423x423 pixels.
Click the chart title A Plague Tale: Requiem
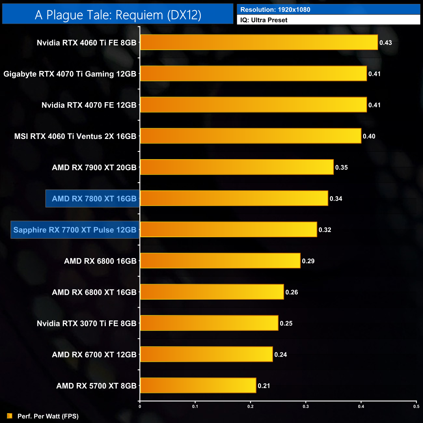tap(118, 15)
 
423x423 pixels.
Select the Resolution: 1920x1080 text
tap(275, 10)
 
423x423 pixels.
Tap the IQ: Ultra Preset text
tap(264, 20)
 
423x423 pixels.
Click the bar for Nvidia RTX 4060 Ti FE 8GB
tap(259, 42)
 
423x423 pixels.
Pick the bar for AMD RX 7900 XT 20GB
tap(237, 167)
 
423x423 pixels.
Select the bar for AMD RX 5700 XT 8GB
tap(198, 386)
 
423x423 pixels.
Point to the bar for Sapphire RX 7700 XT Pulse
tap(228, 230)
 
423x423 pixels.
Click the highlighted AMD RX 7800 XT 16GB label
tap(94, 198)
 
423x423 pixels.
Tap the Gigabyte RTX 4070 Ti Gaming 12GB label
tap(70, 74)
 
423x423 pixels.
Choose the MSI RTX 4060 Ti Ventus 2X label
tap(75, 136)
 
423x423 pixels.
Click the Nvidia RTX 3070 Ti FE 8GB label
tap(86, 323)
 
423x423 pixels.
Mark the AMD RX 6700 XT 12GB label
tap(94, 355)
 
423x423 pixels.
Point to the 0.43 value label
tap(386, 43)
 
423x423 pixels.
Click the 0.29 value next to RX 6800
tap(308, 261)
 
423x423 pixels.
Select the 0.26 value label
tap(292, 292)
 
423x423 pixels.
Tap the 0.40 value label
tap(369, 136)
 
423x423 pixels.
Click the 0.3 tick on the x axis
tap(306, 406)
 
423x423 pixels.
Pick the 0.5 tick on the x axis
tap(416, 406)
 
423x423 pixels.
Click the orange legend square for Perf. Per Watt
tap(10, 416)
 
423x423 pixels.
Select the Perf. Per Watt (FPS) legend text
tap(48, 416)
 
